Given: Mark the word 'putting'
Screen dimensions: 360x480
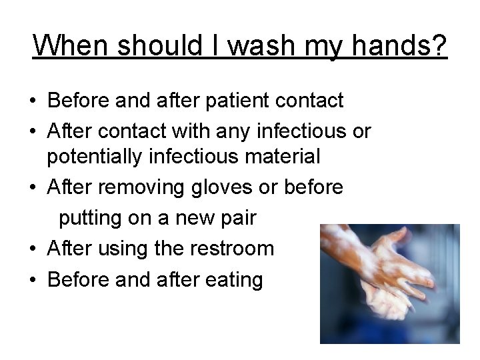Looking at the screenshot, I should point(91,218).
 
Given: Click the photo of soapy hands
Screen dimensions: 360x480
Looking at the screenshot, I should point(389,283).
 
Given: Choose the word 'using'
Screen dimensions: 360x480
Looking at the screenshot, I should point(123,249).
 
